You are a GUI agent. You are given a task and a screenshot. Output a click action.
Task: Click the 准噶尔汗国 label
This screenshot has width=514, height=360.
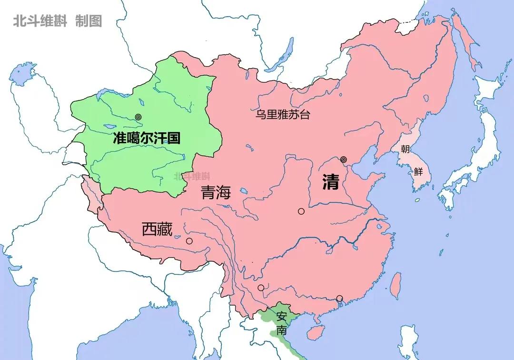(x=147, y=139)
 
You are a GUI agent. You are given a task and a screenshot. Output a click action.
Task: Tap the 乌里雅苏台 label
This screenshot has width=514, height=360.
(x=283, y=115)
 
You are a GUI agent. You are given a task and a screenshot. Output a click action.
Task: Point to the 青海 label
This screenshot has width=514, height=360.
(x=216, y=192)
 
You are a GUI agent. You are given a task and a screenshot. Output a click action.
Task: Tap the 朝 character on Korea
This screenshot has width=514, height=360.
(x=405, y=149)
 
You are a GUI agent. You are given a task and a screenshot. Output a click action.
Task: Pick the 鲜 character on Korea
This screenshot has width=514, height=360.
(x=418, y=171)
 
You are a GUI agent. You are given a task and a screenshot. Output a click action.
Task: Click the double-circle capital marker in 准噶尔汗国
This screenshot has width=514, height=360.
(x=138, y=117)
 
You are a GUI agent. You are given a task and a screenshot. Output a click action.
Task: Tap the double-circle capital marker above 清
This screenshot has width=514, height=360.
(x=344, y=160)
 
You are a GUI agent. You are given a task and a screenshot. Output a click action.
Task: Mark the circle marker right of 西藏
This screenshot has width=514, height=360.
(x=189, y=241)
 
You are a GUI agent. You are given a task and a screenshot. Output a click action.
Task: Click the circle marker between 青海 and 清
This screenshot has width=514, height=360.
(x=301, y=211)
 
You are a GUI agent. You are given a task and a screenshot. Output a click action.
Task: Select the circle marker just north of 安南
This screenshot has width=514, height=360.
(x=261, y=288)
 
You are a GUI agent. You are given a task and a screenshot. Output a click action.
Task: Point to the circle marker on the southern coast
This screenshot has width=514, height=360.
(x=339, y=299)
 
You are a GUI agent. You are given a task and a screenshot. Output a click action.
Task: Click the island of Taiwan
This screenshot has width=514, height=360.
(x=395, y=285)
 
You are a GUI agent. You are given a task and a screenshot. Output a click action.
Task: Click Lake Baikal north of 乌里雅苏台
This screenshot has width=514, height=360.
(x=285, y=52)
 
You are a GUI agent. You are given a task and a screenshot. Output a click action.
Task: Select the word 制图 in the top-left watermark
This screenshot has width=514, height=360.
(x=89, y=21)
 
